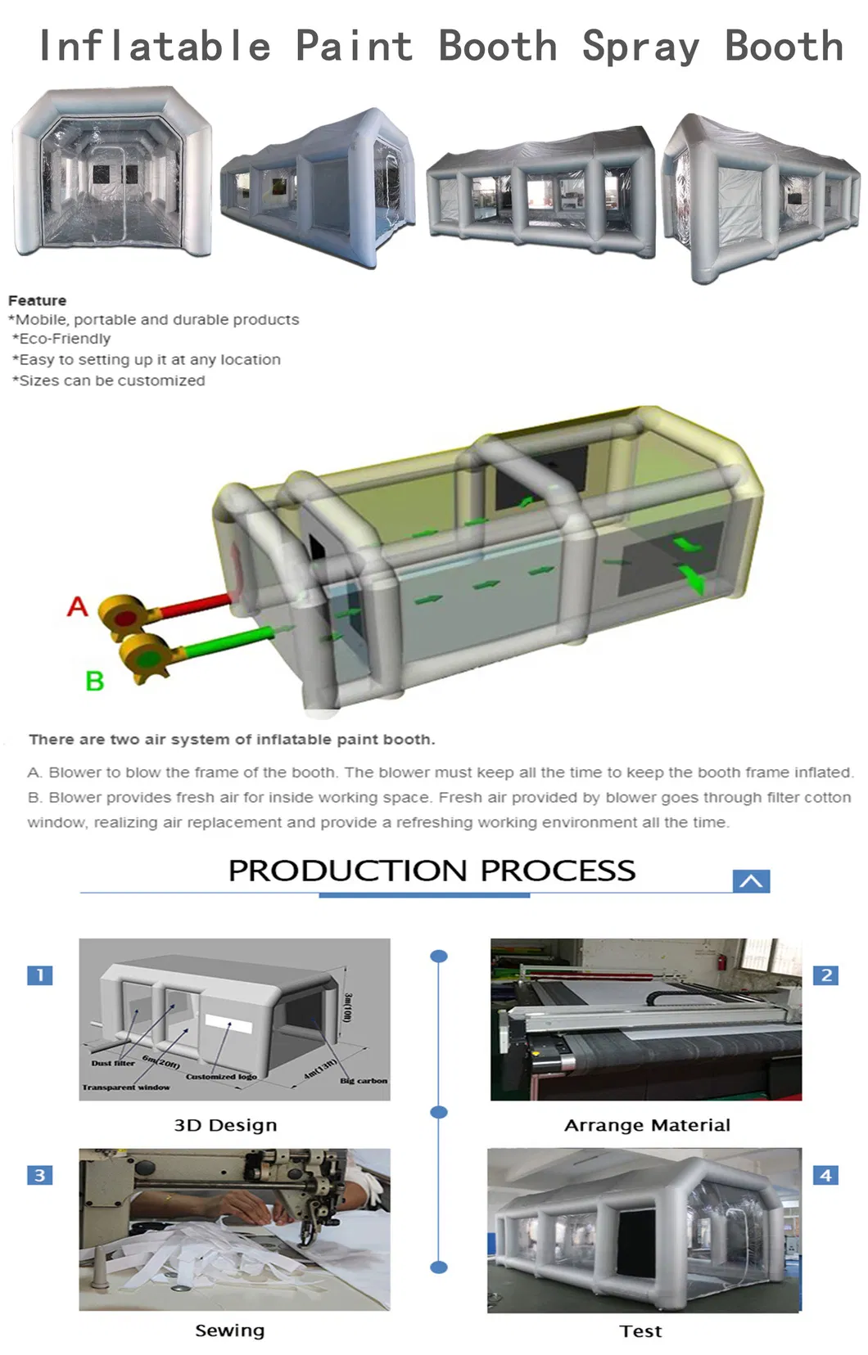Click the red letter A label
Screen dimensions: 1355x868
[x=77, y=606]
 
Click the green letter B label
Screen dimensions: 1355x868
[x=95, y=680]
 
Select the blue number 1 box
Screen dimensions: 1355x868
[x=39, y=975]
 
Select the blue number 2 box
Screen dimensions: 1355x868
[x=825, y=975]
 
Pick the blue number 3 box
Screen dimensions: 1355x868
[x=39, y=1175]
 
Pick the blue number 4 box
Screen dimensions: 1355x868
[x=825, y=1175]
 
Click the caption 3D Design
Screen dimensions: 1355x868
[x=225, y=1125]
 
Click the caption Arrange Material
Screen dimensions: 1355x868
[x=647, y=1125]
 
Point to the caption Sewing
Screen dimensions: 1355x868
[x=229, y=1330]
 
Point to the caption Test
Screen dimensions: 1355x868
[x=640, y=1331]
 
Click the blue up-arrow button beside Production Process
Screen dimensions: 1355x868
[x=751, y=880]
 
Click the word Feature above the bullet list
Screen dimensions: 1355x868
[x=38, y=300]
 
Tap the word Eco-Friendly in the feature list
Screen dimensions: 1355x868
[x=65, y=339]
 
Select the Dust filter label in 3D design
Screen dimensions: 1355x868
[x=113, y=1063]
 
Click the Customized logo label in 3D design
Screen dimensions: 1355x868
[x=221, y=1076]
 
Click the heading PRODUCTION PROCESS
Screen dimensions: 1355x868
[x=432, y=870]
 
